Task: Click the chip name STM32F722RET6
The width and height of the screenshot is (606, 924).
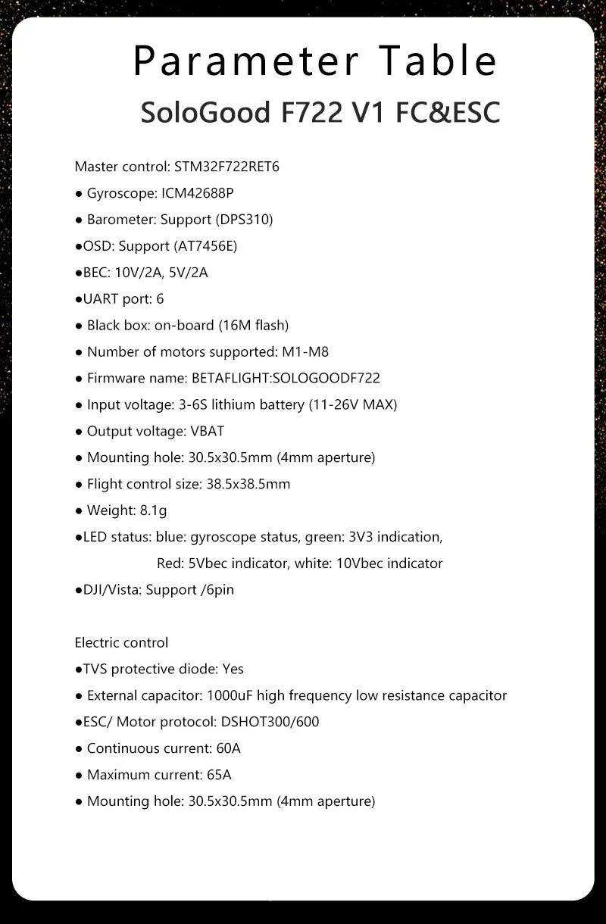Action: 226,167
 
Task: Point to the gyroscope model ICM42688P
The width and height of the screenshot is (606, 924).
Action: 198,193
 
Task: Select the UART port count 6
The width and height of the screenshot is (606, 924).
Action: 160,299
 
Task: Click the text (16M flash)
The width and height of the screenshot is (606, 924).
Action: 254,326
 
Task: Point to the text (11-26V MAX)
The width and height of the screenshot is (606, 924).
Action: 352,404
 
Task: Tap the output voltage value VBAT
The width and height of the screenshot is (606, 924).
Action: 208,431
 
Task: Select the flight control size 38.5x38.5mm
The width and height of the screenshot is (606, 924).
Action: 248,484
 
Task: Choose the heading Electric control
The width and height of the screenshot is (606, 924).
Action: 121,642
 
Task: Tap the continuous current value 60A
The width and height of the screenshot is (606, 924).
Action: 228,748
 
